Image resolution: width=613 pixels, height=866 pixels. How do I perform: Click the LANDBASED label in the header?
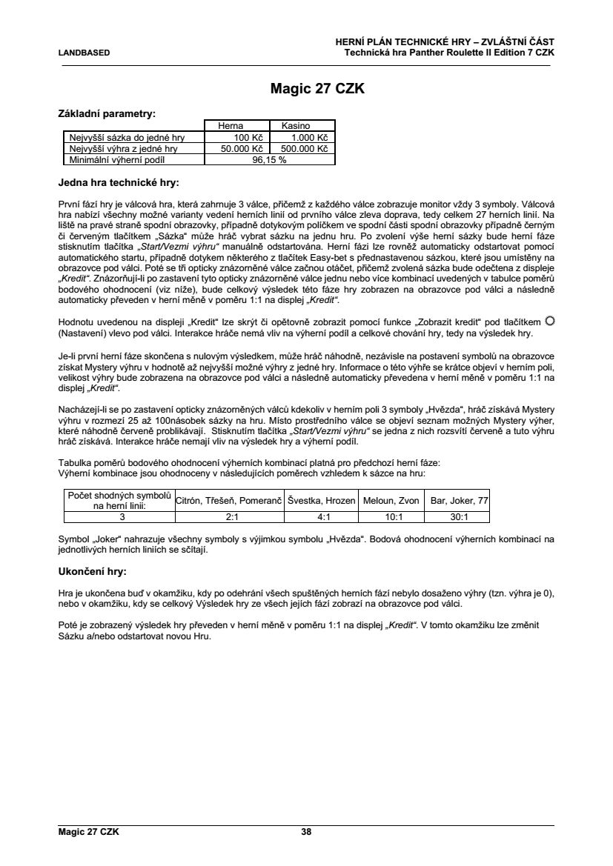pyautogui.click(x=84, y=53)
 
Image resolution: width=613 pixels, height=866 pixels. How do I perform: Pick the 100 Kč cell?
pyautogui.click(x=234, y=138)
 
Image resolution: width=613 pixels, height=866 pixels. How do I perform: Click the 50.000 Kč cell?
pyautogui.click(x=228, y=148)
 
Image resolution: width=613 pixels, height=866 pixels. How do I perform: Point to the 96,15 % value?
pyautogui.click(x=269, y=159)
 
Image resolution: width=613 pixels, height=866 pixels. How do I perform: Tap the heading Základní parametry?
pyautogui.click(x=107, y=114)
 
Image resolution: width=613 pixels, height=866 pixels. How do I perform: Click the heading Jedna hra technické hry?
pyautogui.click(x=119, y=181)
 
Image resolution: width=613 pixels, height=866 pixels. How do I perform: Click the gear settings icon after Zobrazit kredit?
pyautogui.click(x=549, y=321)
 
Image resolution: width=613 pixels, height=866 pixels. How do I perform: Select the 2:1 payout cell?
pyautogui.click(x=231, y=518)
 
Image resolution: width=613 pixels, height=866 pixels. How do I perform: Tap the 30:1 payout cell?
pyautogui.click(x=460, y=518)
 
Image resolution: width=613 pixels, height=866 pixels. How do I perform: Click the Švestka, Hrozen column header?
pyautogui.click(x=322, y=501)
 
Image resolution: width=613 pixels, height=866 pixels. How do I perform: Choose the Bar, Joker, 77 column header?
pyautogui.click(x=460, y=501)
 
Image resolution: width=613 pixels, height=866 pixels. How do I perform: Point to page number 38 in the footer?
pyautogui.click(x=306, y=832)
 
